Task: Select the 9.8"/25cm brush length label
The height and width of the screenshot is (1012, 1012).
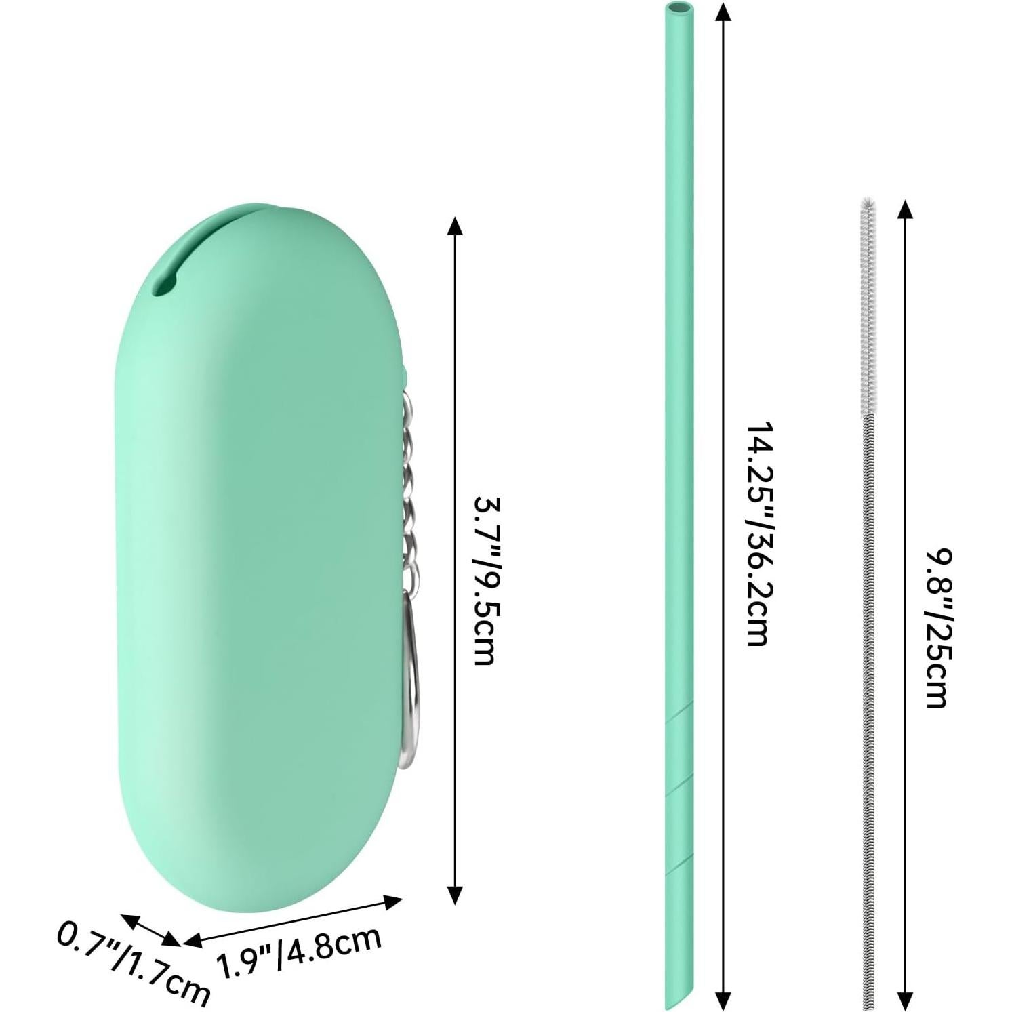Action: [x=939, y=628]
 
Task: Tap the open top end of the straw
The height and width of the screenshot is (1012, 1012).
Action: [x=674, y=9]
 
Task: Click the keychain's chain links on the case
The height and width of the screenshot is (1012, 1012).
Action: [x=409, y=495]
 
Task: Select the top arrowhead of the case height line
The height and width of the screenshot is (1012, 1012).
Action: [x=456, y=226]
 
